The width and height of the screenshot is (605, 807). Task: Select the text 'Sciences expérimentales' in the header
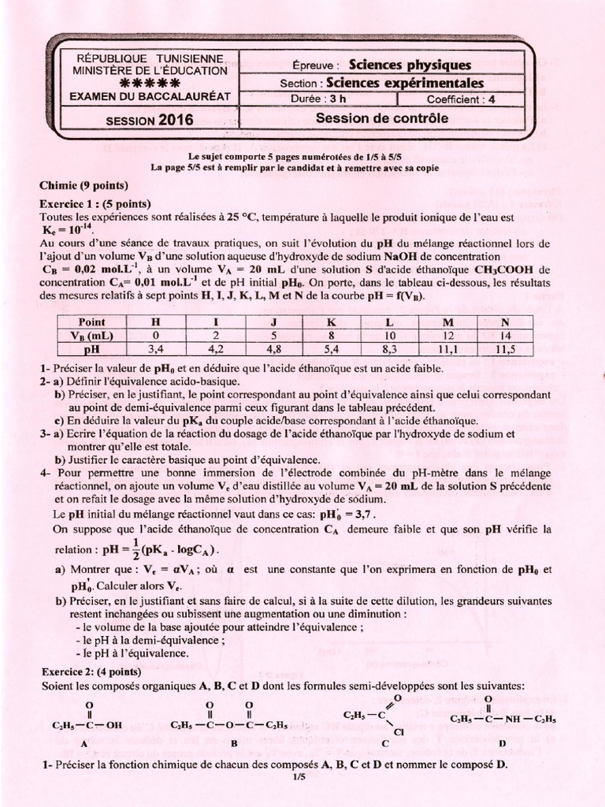pos(404,83)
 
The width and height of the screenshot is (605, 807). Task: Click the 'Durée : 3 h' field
pos(324,100)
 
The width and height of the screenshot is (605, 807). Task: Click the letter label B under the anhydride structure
pos(236,742)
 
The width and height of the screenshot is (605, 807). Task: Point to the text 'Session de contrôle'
pos(381,118)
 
